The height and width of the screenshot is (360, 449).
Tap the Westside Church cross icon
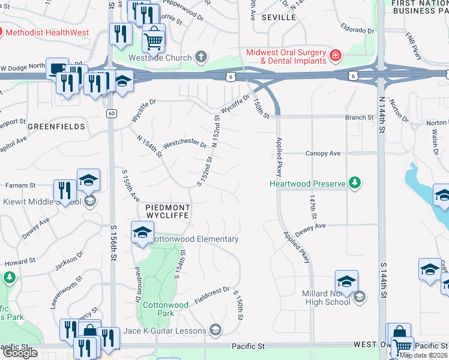pyautogui.click(x=201, y=58)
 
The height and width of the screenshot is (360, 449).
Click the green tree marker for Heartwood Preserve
pyautogui.click(x=355, y=182)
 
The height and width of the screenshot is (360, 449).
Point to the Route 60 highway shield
pyautogui.click(x=112, y=113)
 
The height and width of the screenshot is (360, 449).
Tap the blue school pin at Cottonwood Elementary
pyautogui.click(x=142, y=233)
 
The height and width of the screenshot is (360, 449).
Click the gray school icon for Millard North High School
pyautogui.click(x=359, y=296)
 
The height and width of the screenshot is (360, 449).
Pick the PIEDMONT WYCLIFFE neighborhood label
pyautogui.click(x=168, y=212)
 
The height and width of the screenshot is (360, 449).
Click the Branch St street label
pyautogui.click(x=360, y=118)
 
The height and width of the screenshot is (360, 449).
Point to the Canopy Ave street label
pyautogui.click(x=323, y=154)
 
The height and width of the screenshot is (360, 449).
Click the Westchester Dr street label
pyautogui.click(x=185, y=144)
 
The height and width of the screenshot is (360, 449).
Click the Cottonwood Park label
pyautogui.click(x=166, y=308)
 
